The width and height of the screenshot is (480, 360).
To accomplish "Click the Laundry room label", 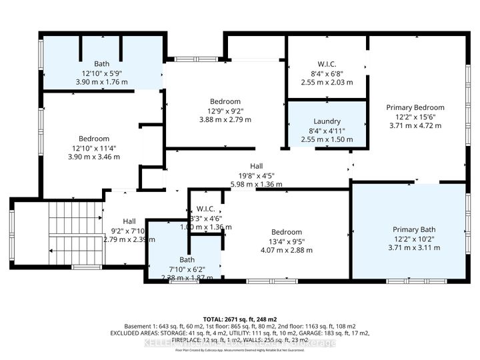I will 327,121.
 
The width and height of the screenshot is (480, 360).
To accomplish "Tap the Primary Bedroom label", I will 415,107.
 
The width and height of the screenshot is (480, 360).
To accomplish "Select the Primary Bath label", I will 415,229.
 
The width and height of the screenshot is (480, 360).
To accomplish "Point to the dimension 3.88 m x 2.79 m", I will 225,120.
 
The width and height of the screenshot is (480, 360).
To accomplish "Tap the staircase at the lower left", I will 73,233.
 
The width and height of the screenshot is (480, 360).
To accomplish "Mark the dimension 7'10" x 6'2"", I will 187,269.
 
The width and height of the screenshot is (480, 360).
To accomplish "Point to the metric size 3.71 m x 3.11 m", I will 415,247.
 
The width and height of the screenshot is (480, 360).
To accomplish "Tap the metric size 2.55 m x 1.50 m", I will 327,139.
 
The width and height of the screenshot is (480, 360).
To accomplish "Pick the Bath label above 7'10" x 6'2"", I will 187,260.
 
